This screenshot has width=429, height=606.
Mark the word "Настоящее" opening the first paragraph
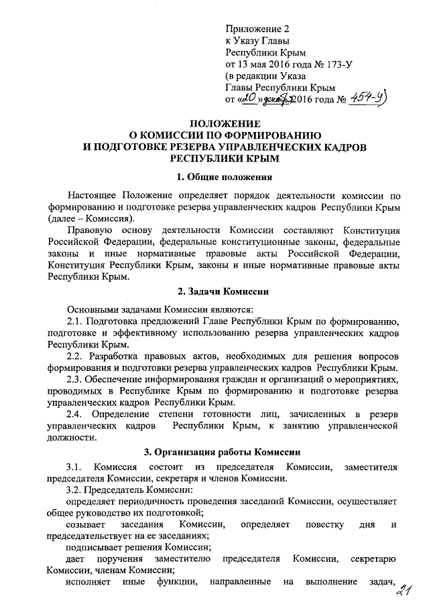click(x=95, y=196)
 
